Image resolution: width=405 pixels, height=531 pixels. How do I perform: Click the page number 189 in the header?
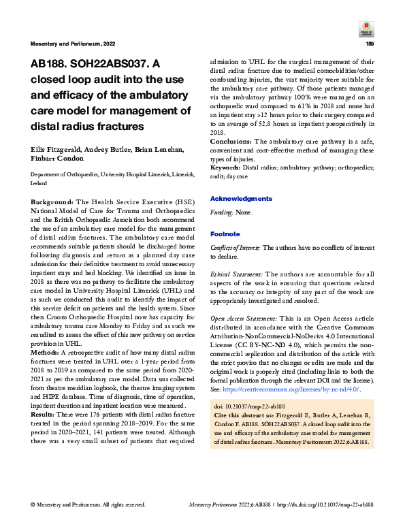click(370, 44)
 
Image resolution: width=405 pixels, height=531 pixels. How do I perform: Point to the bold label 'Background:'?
click(53, 203)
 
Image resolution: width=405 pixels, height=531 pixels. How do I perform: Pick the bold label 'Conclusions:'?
click(231, 141)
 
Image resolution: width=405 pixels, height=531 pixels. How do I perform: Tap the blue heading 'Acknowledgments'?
click(241, 199)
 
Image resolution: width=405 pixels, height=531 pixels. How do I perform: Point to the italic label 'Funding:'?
click(222, 213)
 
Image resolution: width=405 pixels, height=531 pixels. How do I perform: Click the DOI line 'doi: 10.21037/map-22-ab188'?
click(250, 406)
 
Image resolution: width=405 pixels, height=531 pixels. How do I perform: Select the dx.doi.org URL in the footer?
click(326, 504)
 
